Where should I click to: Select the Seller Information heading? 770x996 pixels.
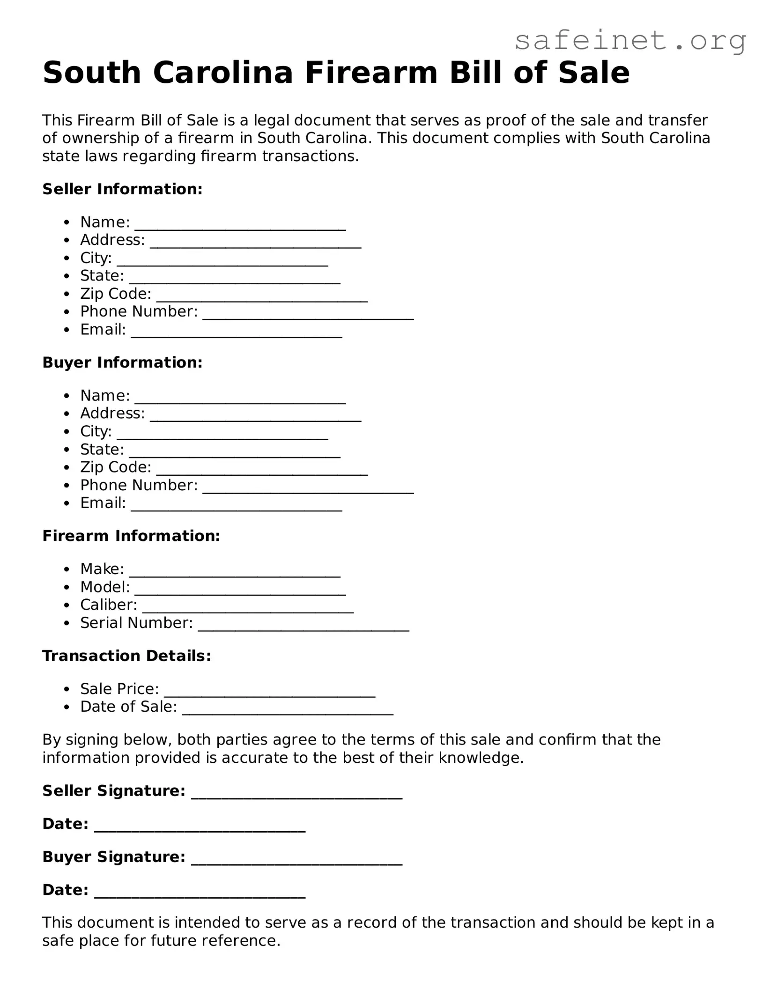pyautogui.click(x=122, y=189)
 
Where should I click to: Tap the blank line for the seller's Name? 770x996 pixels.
pyautogui.click(x=240, y=226)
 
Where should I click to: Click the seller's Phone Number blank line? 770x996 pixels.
pyautogui.click(x=308, y=316)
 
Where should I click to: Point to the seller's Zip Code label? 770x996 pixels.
pyautogui.click(x=116, y=294)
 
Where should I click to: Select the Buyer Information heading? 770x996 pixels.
pyautogui.click(x=122, y=362)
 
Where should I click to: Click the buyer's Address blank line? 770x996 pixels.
pyautogui.click(x=256, y=418)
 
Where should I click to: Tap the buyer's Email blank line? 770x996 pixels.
pyautogui.click(x=237, y=507)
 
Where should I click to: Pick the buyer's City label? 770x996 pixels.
pyautogui.click(x=96, y=431)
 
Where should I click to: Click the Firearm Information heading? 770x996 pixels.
pyautogui.click(x=131, y=536)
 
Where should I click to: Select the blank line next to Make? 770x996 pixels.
pyautogui.click(x=235, y=573)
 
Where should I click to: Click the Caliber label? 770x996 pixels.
pyautogui.click(x=109, y=605)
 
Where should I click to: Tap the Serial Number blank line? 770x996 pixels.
pyautogui.click(x=304, y=627)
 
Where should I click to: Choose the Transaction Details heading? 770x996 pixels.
pyautogui.click(x=126, y=656)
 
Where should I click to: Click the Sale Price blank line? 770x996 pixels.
pyautogui.click(x=270, y=693)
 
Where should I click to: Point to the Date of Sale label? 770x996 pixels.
pyautogui.click(x=129, y=707)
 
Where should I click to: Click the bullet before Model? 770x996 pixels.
pyautogui.click(x=68, y=587)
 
